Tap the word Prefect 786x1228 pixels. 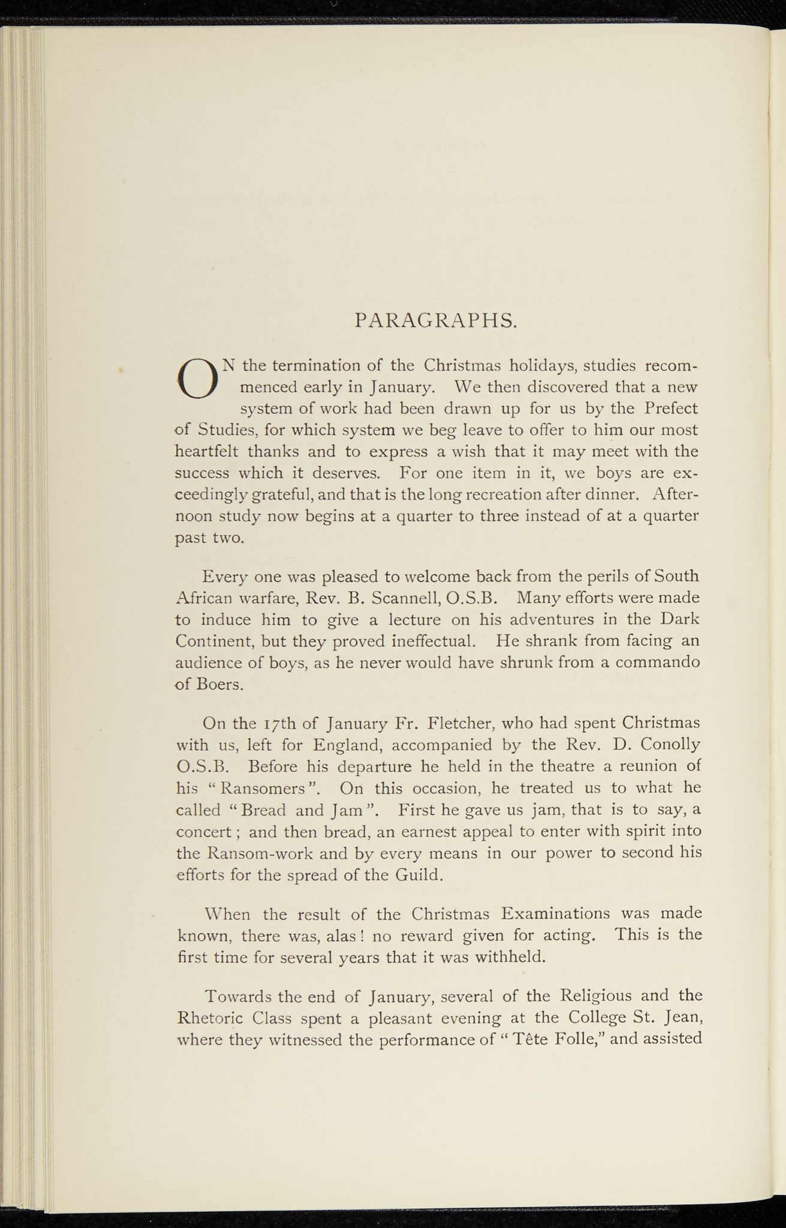click(671, 408)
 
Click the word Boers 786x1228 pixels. click(219, 685)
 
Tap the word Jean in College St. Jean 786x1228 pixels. click(681, 1018)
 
